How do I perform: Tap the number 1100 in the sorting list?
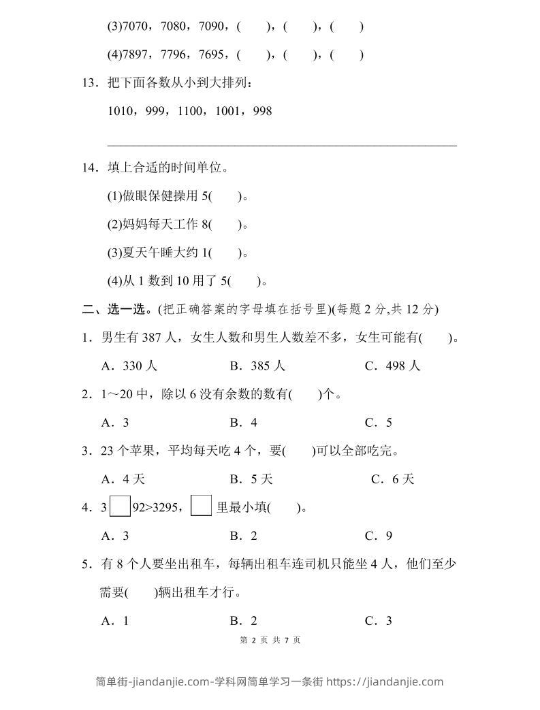191,110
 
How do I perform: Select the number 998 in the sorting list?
262,110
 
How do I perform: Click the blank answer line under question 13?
282,144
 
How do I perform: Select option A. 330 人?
129,366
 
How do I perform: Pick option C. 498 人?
393,366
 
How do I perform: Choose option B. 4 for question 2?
243,422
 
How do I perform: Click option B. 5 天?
251,479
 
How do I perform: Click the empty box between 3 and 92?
120,506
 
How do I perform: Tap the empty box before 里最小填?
202,506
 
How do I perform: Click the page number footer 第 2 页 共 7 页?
270,640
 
